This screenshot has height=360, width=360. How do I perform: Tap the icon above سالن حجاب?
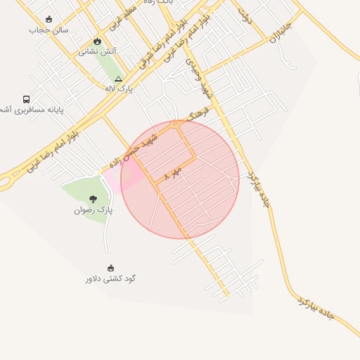[49, 20]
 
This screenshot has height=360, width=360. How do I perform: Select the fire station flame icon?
[97, 41]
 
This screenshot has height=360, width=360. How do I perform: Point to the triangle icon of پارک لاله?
[118, 79]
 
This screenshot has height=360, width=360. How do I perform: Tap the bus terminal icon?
[27, 100]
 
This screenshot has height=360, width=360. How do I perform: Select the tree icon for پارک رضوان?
[93, 199]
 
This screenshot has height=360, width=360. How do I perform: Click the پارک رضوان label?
[93, 210]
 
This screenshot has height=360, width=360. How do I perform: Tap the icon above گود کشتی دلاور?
[110, 268]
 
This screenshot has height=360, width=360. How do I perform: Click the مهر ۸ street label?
[172, 174]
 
